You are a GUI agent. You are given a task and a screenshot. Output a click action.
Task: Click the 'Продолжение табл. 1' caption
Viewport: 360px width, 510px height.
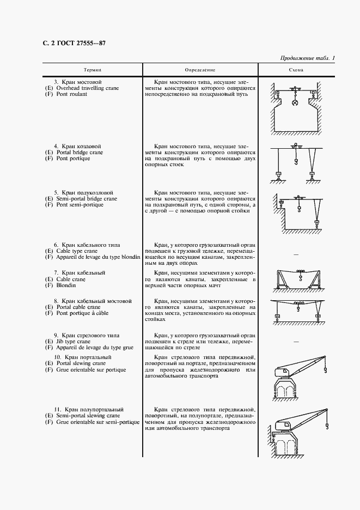tap(308, 58)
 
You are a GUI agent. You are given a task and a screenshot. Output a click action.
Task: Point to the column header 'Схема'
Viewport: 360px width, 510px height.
tap(296, 70)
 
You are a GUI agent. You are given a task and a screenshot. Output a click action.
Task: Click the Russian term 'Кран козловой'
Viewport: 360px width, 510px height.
tap(81, 147)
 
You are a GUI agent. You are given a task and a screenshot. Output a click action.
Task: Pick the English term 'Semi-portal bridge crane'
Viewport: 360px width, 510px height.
tap(86, 199)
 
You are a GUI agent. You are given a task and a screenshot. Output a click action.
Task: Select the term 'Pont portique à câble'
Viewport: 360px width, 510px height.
tap(82, 313)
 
